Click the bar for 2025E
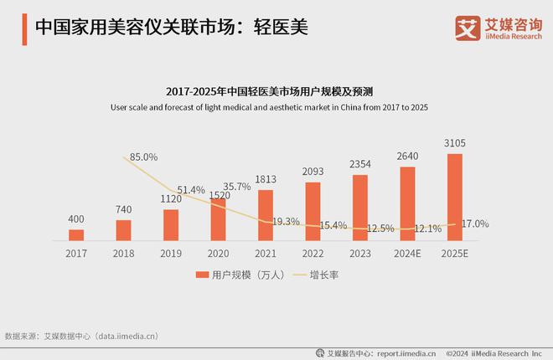pos(455,197)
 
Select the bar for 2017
pos(76,234)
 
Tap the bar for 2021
pos(266,214)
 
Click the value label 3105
pos(455,142)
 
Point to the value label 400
pos(76,219)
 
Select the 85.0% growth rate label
pos(144,157)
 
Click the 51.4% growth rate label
pos(191,190)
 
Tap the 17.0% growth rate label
pos(475,224)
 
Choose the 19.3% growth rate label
pos(287,222)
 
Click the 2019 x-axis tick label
pos(171,252)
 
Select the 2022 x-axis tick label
pos(313,252)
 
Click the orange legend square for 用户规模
pos(201,275)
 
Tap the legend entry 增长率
pos(323,275)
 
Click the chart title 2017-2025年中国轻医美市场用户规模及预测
pos(276,90)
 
